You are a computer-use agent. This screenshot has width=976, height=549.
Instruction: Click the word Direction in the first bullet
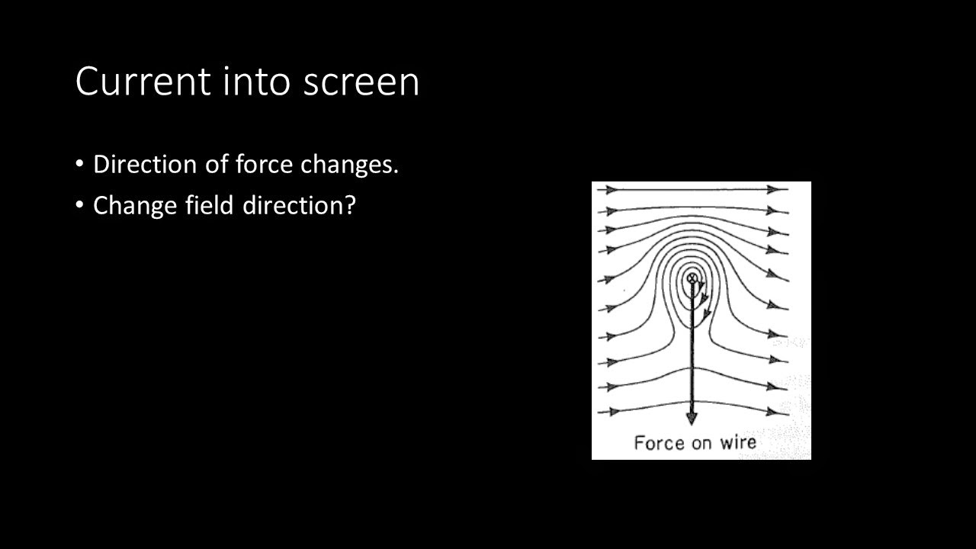145,164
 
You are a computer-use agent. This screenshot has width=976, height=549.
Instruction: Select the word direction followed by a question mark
299,205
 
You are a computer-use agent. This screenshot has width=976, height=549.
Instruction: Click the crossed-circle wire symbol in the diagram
692,279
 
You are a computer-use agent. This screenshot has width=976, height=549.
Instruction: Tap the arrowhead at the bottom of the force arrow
692,417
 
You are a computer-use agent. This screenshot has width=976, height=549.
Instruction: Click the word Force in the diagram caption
658,443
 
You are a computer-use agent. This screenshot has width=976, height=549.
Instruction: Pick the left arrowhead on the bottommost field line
611,412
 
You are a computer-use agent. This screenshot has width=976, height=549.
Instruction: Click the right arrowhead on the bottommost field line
777,412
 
